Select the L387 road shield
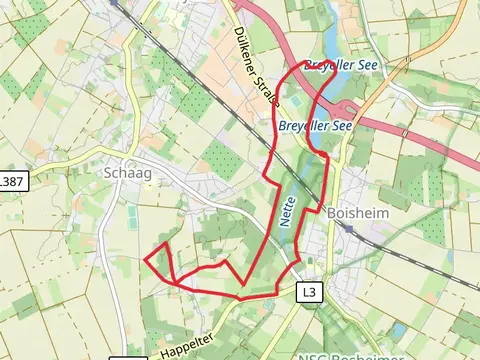[12, 182]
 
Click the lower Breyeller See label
[315, 126]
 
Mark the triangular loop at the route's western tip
[160, 261]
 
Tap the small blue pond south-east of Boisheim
[399, 330]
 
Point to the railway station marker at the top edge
[115, 3]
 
